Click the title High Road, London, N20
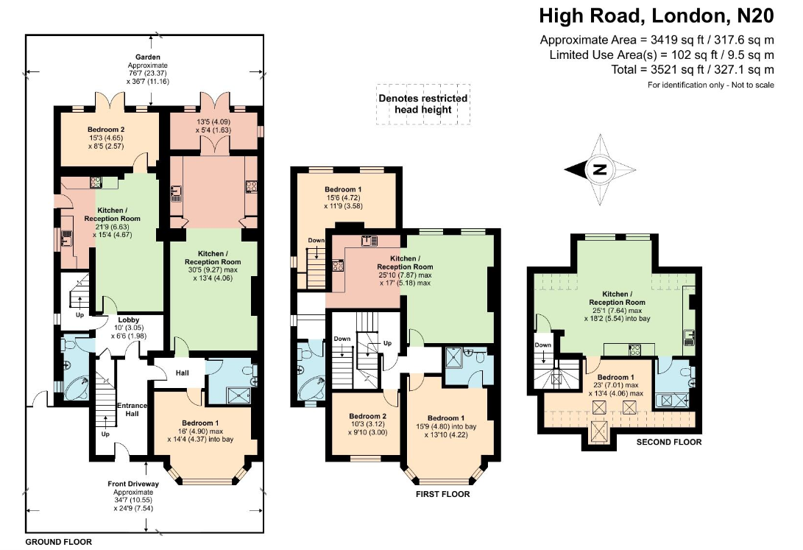(657, 15)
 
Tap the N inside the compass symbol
(600, 169)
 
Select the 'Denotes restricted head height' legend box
(422, 104)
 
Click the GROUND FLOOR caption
(59, 542)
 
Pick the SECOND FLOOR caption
(669, 442)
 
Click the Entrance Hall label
(132, 410)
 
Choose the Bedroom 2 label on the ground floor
(107, 129)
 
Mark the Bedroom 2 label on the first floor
(366, 415)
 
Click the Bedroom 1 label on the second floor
(616, 377)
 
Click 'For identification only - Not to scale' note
(710, 85)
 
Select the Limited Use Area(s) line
(662, 54)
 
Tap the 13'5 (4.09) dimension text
(213, 122)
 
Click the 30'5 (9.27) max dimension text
(213, 269)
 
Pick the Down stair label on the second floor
(542, 345)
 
